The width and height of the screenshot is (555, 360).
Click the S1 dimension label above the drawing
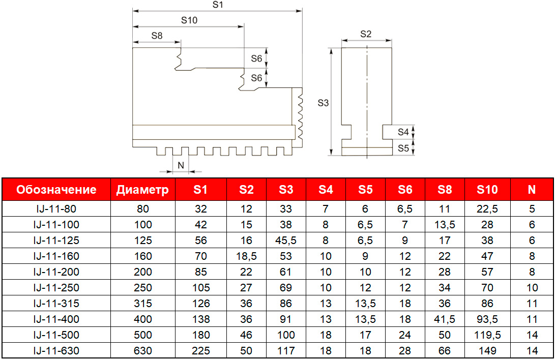click(218, 5)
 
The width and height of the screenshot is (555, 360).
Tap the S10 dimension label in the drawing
click(189, 20)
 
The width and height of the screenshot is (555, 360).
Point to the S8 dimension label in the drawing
click(157, 36)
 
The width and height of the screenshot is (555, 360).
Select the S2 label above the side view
click(366, 35)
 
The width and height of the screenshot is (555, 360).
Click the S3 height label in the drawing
click(323, 103)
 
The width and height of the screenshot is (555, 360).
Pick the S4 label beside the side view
click(403, 132)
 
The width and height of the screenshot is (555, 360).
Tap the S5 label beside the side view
click(403, 148)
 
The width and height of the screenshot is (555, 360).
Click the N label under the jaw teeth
click(181, 165)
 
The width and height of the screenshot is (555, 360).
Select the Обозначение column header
click(56, 190)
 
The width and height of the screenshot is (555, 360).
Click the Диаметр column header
click(142, 190)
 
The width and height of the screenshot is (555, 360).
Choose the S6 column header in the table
click(405, 190)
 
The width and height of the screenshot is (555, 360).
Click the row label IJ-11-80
click(56, 208)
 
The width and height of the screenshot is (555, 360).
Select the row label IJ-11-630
click(56, 351)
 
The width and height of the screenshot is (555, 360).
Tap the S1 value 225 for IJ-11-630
click(200, 351)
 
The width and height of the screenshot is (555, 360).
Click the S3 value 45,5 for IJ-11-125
click(286, 240)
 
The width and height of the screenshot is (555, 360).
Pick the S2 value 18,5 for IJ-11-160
click(246, 256)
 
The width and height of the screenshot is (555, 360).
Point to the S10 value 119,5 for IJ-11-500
click(487, 335)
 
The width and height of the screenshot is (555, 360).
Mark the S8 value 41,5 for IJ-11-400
click(445, 319)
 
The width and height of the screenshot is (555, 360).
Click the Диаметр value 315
click(143, 304)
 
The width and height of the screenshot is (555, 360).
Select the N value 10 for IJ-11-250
click(532, 288)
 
